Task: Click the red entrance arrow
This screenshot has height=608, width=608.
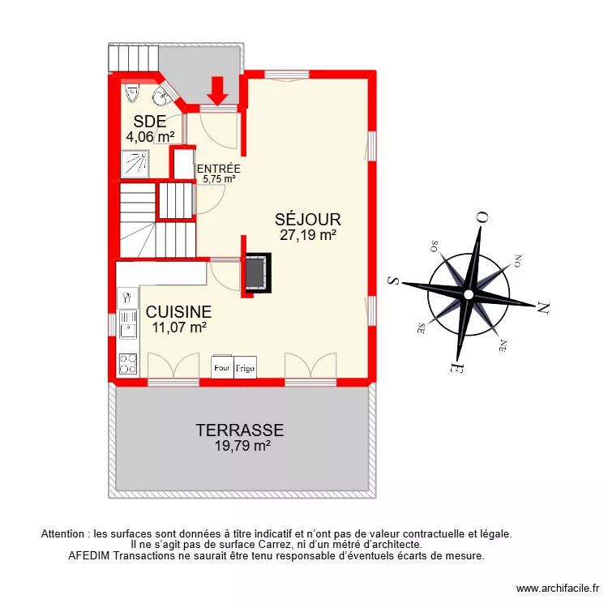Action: point(217,89)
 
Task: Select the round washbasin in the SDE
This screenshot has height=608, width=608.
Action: point(161,96)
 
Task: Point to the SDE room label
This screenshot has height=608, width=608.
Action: point(150,122)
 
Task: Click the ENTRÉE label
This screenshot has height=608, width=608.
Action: point(219,169)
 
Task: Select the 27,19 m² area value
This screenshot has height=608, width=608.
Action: point(308,236)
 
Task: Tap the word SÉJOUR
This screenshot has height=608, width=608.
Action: point(308,219)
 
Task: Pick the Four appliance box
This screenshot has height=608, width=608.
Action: point(222,367)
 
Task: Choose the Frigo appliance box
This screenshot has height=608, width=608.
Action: point(245,367)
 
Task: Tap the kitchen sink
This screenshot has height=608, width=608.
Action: point(127,328)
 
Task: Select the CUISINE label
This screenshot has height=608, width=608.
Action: point(178,311)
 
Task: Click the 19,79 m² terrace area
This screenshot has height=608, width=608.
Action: point(239,446)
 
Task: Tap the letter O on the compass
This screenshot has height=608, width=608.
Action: point(482,218)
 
